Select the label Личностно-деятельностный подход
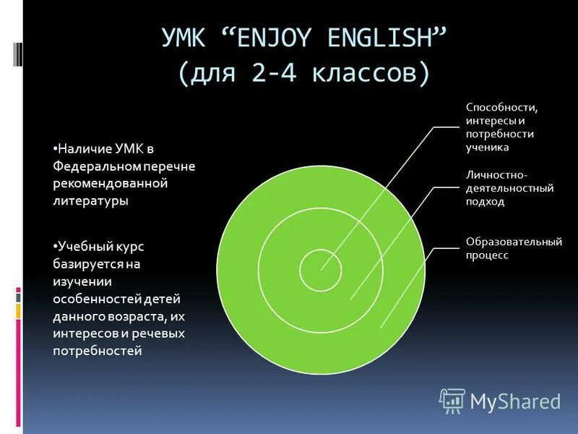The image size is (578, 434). (x=509, y=189)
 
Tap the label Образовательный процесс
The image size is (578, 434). (x=513, y=248)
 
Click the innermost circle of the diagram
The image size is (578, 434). (x=321, y=268)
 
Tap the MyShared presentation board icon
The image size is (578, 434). (x=452, y=400)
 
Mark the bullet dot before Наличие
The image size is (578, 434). (x=55, y=148)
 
